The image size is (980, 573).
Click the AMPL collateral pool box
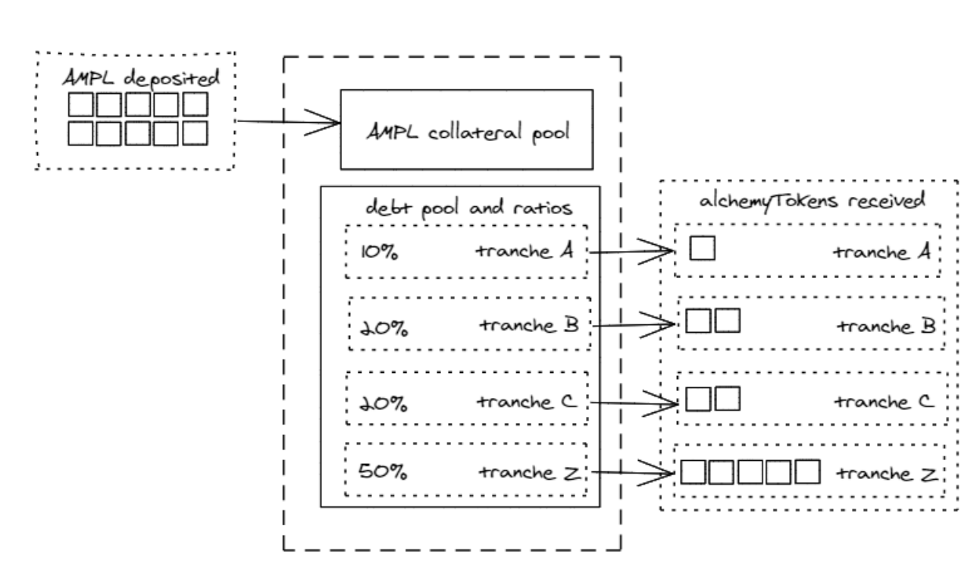466,129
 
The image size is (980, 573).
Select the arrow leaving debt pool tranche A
631,252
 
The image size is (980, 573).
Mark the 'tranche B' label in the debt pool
528,324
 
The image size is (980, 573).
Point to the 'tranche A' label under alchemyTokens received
880,252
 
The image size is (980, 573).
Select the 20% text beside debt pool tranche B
384,328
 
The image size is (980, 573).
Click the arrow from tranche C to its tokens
631,400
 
